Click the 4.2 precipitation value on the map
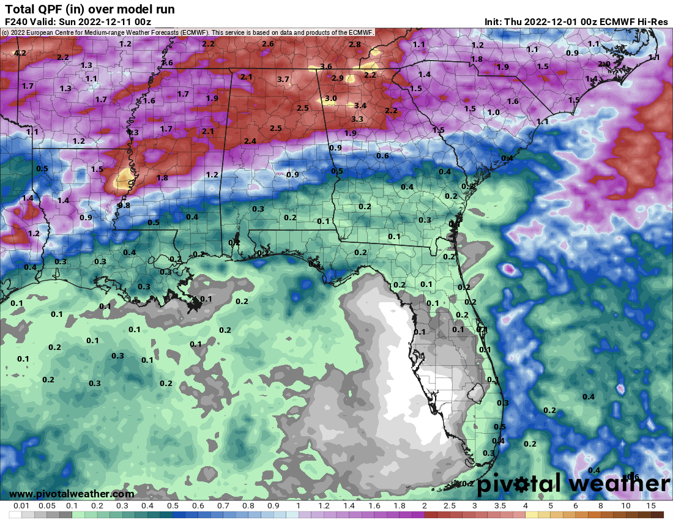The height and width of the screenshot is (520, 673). coord(20,54)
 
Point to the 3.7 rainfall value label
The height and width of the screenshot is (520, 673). coord(283,80)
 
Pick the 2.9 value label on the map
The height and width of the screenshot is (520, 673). coord(338,78)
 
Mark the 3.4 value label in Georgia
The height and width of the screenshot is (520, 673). coord(360,106)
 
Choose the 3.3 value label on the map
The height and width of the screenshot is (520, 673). coord(357,119)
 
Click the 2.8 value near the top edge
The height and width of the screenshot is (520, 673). coord(355,45)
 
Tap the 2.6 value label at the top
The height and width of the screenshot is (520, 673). coord(268,44)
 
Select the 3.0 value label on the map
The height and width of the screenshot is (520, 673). coord(330,98)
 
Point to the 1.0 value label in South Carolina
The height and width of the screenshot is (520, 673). coord(493,113)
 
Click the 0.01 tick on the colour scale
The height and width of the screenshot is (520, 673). coord(22,506)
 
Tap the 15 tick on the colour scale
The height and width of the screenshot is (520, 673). coord(651,506)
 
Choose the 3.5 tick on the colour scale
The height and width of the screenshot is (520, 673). coord(500,506)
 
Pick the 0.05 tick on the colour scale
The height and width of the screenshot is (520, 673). coord(47,506)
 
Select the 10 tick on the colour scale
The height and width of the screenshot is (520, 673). coord(626,506)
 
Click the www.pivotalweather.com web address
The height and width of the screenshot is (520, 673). coord(72,494)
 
